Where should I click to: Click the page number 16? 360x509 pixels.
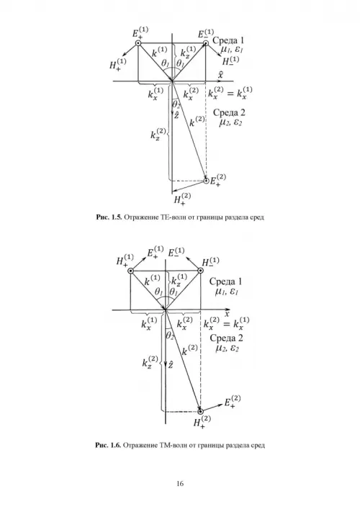point(180,483)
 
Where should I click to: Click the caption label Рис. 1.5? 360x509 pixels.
point(109,217)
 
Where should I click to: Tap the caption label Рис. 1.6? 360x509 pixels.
point(109,445)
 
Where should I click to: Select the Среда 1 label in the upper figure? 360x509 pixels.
point(228,40)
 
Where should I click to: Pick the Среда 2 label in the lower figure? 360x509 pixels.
point(226,338)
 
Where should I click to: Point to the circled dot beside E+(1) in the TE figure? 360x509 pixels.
point(138,43)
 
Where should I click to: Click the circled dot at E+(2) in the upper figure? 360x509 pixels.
point(206,181)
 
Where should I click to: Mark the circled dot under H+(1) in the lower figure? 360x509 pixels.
point(130,271)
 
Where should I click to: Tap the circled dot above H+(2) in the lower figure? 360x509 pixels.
point(201,412)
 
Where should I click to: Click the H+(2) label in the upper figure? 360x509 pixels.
point(182,198)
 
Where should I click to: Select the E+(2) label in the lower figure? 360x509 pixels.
point(233,401)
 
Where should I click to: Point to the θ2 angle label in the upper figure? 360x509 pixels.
point(176,104)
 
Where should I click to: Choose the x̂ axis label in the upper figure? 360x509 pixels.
point(221,76)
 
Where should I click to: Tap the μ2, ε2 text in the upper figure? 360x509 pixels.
point(230,122)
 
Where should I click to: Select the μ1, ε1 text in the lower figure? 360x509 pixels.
point(226,291)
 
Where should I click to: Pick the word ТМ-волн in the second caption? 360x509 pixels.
point(174,445)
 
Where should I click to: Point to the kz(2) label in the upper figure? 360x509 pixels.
point(158,134)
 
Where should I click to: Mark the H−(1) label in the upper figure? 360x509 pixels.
point(230,60)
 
